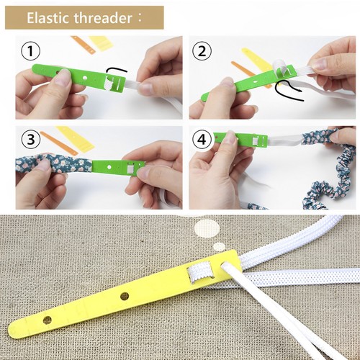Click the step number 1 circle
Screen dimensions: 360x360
[30, 52]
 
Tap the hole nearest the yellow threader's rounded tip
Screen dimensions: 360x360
[48, 318]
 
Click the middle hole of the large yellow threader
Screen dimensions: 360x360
[125, 295]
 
